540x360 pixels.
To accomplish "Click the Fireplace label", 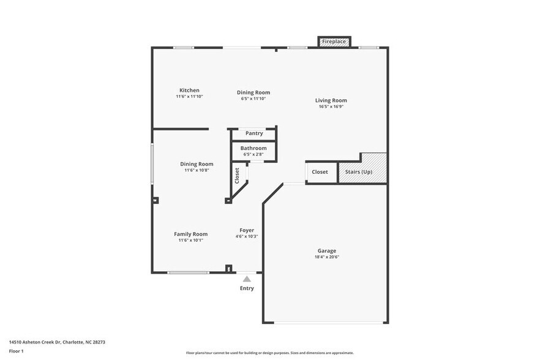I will pyautogui.click(x=334, y=42).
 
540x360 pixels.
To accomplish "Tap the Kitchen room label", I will pyautogui.click(x=189, y=91).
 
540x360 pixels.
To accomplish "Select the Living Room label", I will pyautogui.click(x=331, y=100).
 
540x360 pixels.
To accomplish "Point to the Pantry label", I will pyautogui.click(x=254, y=133).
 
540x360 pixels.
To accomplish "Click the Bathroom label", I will pyautogui.click(x=253, y=148).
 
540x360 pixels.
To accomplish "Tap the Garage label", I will pyautogui.click(x=326, y=251).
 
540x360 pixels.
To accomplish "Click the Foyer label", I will pyautogui.click(x=247, y=230).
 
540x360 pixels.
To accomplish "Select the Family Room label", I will pyautogui.click(x=190, y=234).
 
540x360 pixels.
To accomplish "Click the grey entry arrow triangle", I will pyautogui.click(x=247, y=279).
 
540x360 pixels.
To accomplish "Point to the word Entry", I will pyautogui.click(x=247, y=288).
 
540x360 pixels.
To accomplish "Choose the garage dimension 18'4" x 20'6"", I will pyautogui.click(x=326, y=257).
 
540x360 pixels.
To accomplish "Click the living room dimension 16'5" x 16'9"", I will pyautogui.click(x=331, y=107).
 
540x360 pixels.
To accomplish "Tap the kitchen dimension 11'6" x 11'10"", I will pyautogui.click(x=189, y=97).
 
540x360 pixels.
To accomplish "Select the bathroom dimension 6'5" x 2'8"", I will pyautogui.click(x=253, y=154).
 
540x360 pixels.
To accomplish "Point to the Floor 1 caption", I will pyautogui.click(x=16, y=351).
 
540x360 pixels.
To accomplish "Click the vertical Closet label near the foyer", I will pyautogui.click(x=237, y=176).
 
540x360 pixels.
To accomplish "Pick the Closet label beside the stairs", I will pyautogui.click(x=320, y=172).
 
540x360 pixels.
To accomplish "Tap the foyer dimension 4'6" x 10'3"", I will pyautogui.click(x=247, y=236).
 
